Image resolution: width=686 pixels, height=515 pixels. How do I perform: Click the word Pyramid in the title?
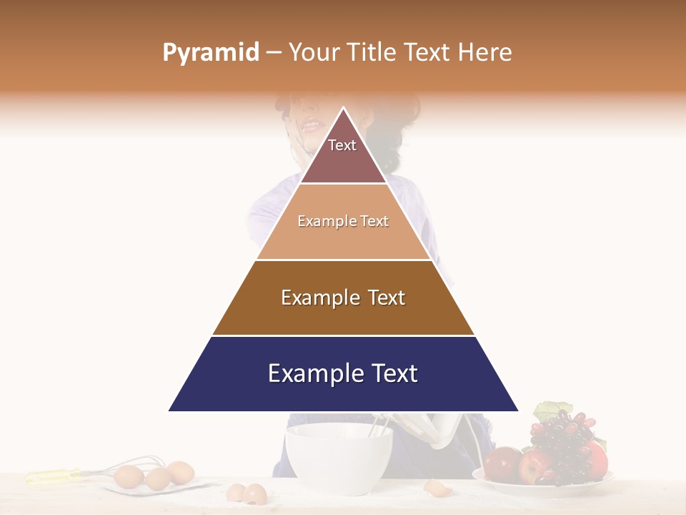(211, 52)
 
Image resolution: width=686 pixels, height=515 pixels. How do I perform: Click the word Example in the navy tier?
(307, 373)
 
